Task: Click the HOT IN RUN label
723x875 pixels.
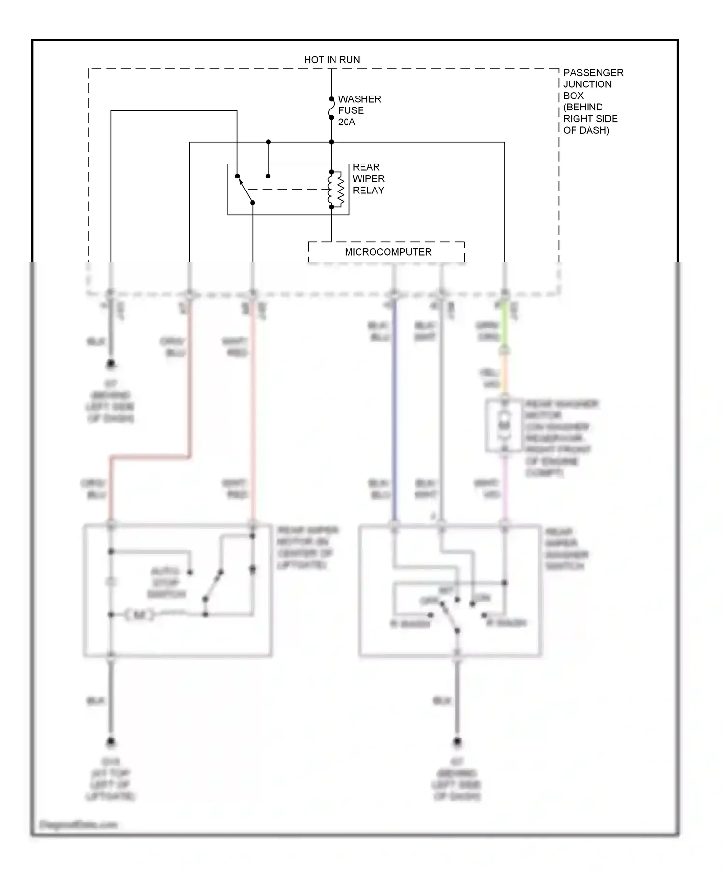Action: coord(332,60)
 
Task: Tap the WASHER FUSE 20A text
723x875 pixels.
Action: coord(359,110)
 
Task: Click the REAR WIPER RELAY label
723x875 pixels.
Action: coord(368,178)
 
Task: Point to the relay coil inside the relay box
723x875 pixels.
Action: coord(335,189)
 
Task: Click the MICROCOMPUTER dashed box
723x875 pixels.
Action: coord(387,252)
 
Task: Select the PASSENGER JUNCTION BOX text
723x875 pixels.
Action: coord(592,101)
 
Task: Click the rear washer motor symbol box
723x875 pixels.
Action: coord(504,426)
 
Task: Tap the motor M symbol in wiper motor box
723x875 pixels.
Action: coord(139,615)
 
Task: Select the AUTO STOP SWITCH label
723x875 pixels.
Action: coord(166,583)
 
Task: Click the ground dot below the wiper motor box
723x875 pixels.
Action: coord(111,741)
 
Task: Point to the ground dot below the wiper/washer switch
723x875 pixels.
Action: coord(457,741)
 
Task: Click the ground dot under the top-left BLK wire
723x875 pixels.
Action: coord(111,363)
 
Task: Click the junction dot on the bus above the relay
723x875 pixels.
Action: coord(268,142)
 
